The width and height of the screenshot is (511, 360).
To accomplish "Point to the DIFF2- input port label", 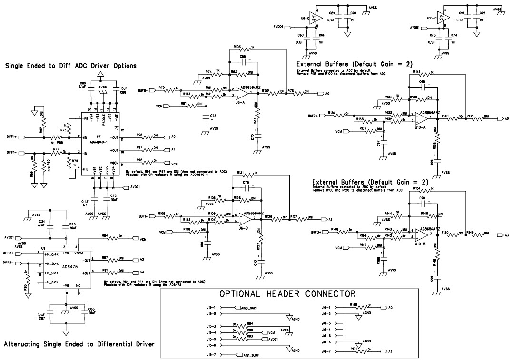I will (9, 263).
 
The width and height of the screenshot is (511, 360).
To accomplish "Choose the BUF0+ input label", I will (143, 89).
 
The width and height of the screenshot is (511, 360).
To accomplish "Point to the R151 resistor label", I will (417, 189).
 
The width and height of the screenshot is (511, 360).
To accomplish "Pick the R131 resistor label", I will (240, 173).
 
